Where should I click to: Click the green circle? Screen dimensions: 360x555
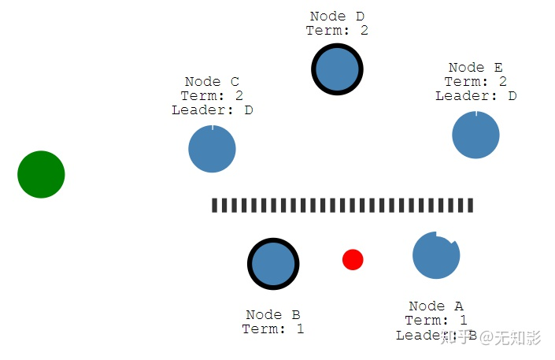[x=41, y=174]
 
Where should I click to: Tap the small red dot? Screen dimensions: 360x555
[x=353, y=259]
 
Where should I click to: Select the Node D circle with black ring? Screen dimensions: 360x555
[x=337, y=69]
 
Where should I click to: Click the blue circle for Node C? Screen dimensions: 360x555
[x=212, y=149]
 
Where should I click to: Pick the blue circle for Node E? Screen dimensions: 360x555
[x=475, y=135]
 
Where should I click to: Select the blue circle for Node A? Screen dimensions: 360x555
[x=435, y=255]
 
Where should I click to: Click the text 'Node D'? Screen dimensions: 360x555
[x=337, y=17]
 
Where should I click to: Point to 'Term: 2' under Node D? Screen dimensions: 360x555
[x=337, y=31]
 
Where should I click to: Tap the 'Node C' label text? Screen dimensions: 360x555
[x=212, y=82]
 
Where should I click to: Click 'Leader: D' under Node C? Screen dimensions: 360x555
[x=212, y=110]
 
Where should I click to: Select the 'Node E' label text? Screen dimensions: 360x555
[x=475, y=68]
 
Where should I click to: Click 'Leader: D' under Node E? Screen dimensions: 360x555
[x=475, y=96]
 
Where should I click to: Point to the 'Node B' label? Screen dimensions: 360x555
[x=273, y=315]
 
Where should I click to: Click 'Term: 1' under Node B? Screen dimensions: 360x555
[x=273, y=329]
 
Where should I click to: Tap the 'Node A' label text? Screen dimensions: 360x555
[x=436, y=306]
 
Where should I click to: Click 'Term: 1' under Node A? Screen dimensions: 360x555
[x=436, y=321]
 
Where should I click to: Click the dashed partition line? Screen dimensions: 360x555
[x=342, y=206]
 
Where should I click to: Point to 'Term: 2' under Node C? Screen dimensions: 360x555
[x=212, y=96]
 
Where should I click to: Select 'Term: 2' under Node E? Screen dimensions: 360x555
[x=475, y=82]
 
